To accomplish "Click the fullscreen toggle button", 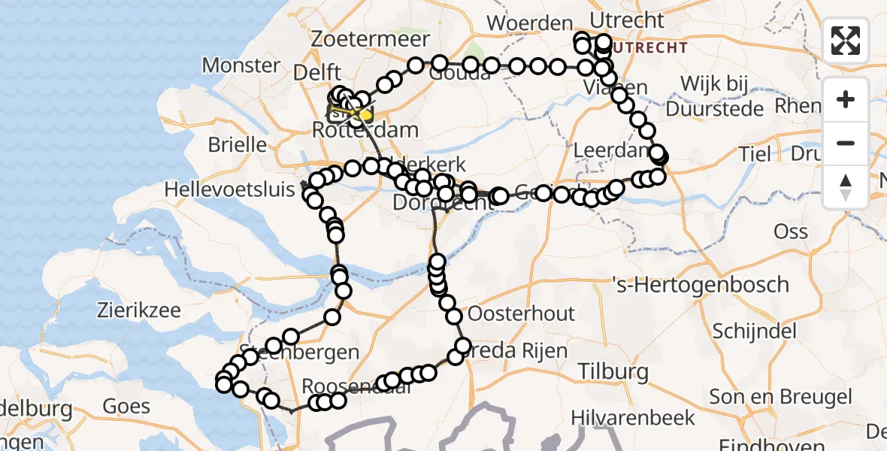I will pyautogui.click(x=846, y=41).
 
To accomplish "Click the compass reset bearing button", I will pyautogui.click(x=846, y=187).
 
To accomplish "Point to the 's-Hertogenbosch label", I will pyautogui.click(x=701, y=286).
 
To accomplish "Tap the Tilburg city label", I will pyautogui.click(x=614, y=371).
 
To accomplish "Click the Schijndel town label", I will pyautogui.click(x=759, y=331).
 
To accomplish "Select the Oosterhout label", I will pyautogui.click(x=521, y=313).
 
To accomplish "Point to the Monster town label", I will pyautogui.click(x=241, y=65).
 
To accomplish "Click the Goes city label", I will pyautogui.click(x=126, y=407).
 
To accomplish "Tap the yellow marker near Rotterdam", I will pyautogui.click(x=366, y=115).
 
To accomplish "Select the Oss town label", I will pyautogui.click(x=791, y=232).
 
